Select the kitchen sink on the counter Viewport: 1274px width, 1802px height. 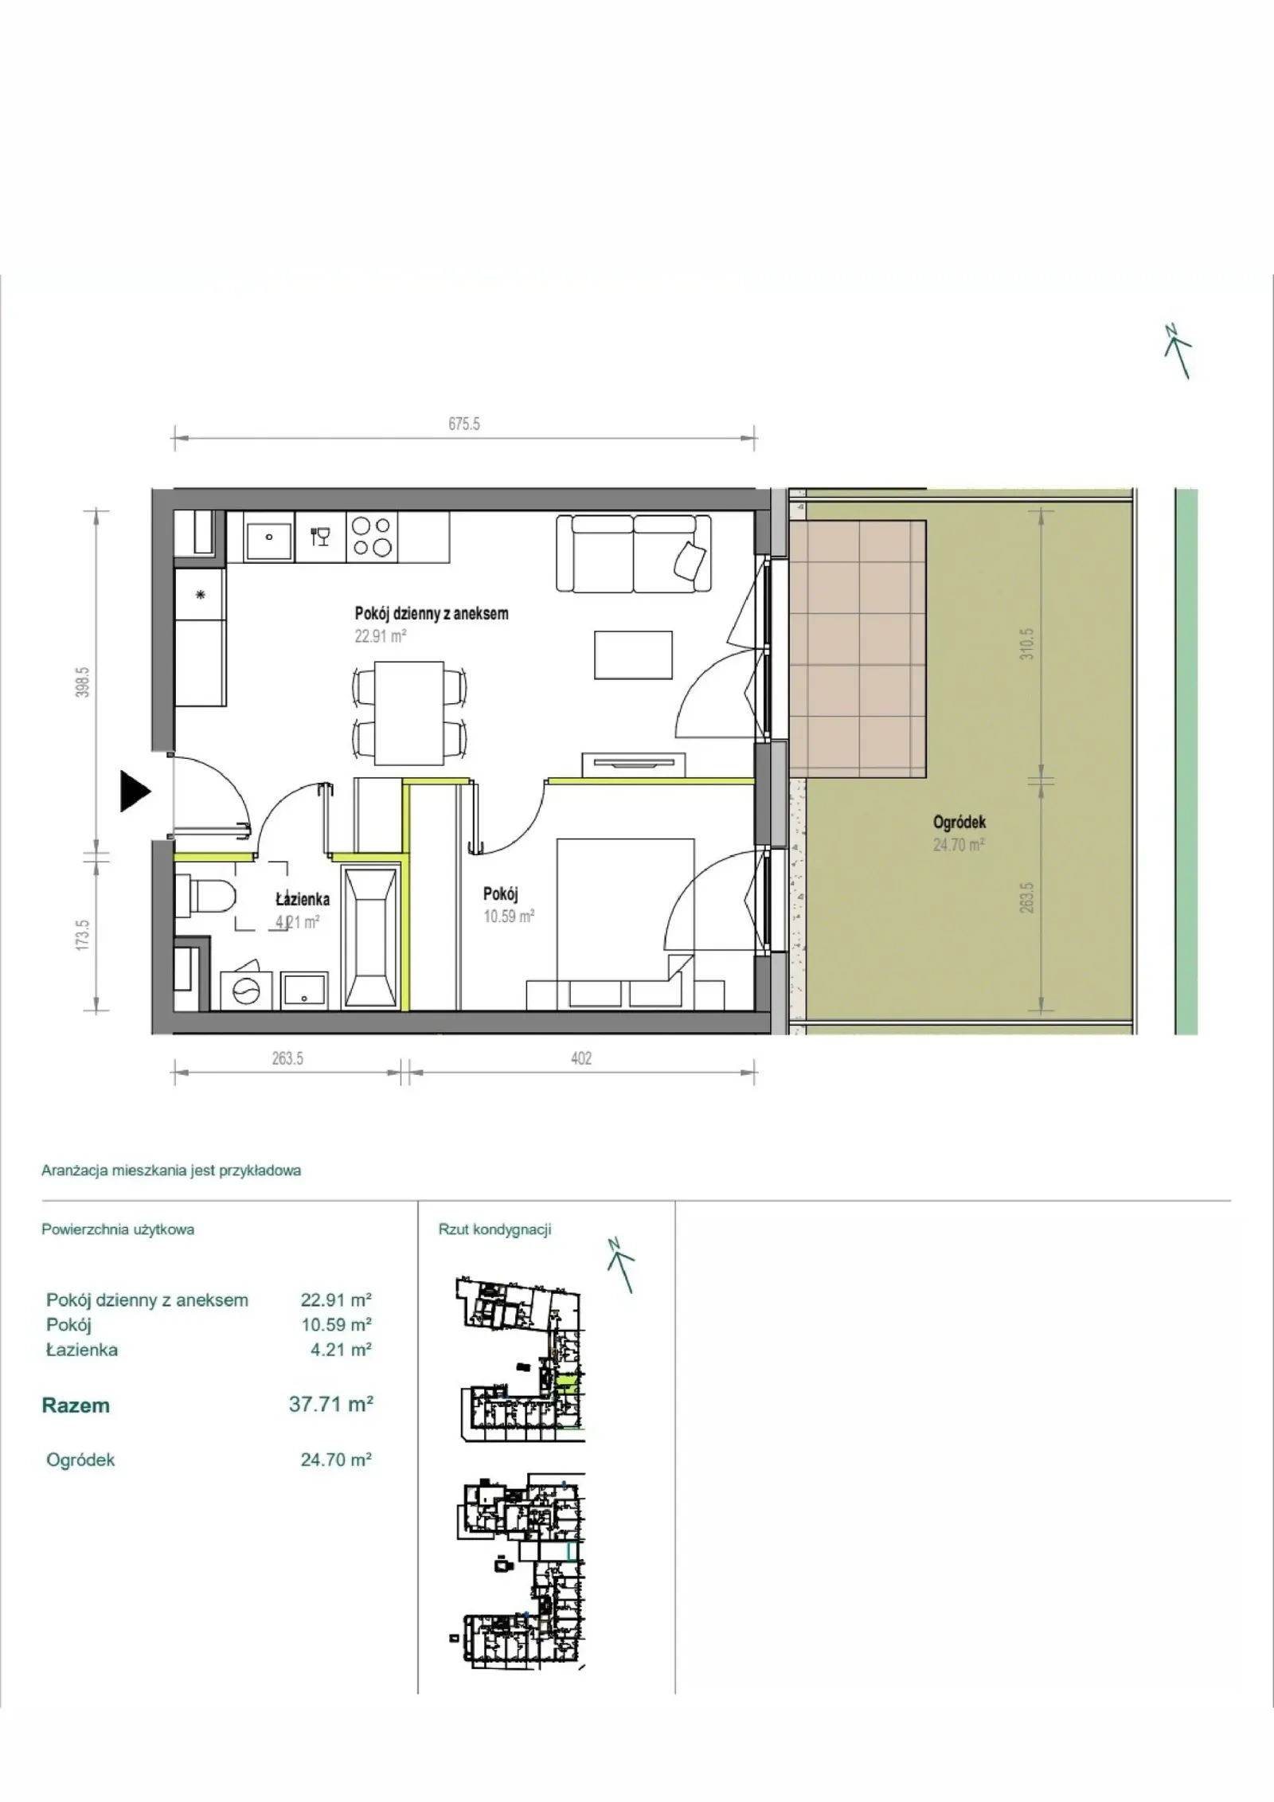tap(269, 537)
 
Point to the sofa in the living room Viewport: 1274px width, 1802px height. tap(633, 553)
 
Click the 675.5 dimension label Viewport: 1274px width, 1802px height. tap(464, 424)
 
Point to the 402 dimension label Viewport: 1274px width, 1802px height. tap(581, 1058)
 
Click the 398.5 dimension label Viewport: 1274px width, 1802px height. tap(84, 682)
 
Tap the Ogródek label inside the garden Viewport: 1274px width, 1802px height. tap(959, 822)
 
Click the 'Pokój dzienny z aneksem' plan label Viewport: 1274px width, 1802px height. tap(432, 613)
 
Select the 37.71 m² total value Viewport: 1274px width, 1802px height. tap(331, 1404)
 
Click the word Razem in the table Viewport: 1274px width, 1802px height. tap(76, 1405)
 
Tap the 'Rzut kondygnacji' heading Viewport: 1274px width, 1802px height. tap(494, 1229)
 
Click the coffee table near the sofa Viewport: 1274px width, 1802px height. tap(633, 655)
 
